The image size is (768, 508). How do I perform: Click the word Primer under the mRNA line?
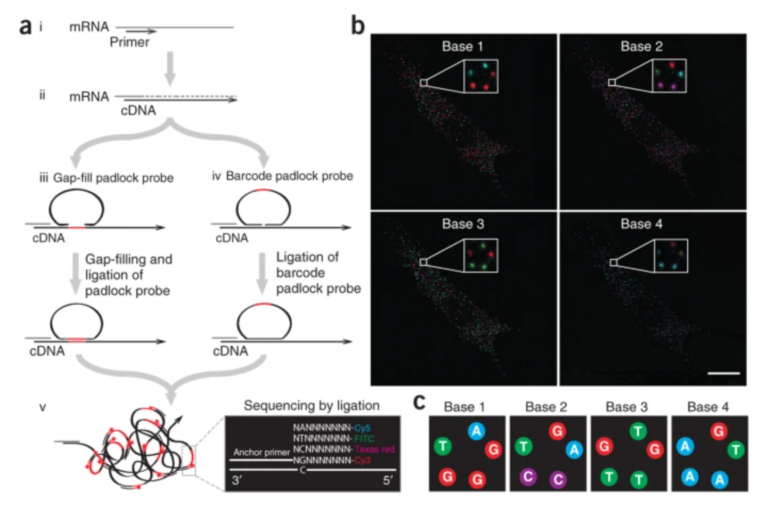click(x=129, y=42)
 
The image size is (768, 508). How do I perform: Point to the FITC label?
click(x=364, y=439)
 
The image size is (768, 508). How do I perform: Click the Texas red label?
click(x=374, y=449)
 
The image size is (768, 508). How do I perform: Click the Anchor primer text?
click(x=261, y=452)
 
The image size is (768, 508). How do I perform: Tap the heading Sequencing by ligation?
click(x=312, y=406)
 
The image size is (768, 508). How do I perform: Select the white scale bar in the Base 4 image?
click(x=723, y=373)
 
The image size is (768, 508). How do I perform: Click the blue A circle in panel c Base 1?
click(x=476, y=431)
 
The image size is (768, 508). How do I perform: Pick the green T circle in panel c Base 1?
click(x=443, y=446)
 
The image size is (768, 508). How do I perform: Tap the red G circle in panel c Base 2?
click(x=557, y=431)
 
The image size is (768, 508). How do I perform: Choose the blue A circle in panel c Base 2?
click(x=574, y=450)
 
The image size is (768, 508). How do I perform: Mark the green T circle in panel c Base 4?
click(x=736, y=450)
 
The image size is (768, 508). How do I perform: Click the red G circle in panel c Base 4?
click(x=718, y=431)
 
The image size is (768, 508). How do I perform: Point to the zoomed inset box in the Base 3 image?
click(x=481, y=256)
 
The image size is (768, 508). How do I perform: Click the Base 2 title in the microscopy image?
click(x=641, y=47)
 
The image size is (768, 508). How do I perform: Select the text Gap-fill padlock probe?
click(x=113, y=178)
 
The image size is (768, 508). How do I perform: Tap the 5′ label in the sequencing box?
click(x=387, y=480)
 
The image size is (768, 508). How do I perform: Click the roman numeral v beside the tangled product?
click(x=43, y=407)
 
